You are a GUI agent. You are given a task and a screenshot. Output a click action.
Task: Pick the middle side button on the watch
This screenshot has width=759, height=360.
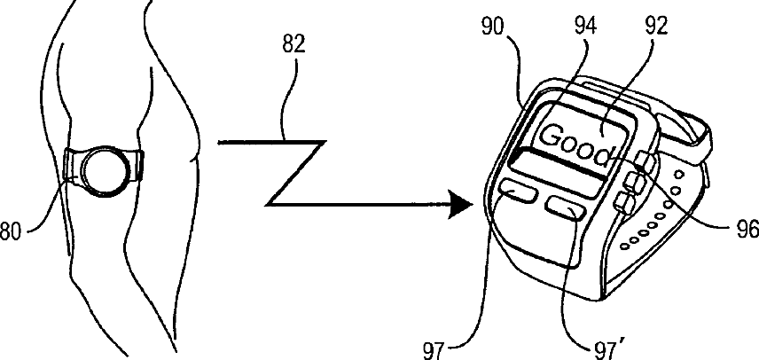634,184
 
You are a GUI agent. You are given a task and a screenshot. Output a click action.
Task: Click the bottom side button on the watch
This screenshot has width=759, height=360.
625,205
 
